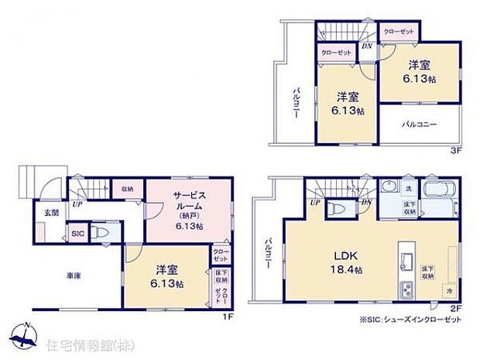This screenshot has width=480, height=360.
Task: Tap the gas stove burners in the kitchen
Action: point(406,292)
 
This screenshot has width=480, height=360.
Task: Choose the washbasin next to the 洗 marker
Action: point(387,188)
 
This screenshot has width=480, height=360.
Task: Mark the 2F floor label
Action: point(456,309)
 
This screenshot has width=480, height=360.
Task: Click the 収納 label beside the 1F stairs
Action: point(126,189)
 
